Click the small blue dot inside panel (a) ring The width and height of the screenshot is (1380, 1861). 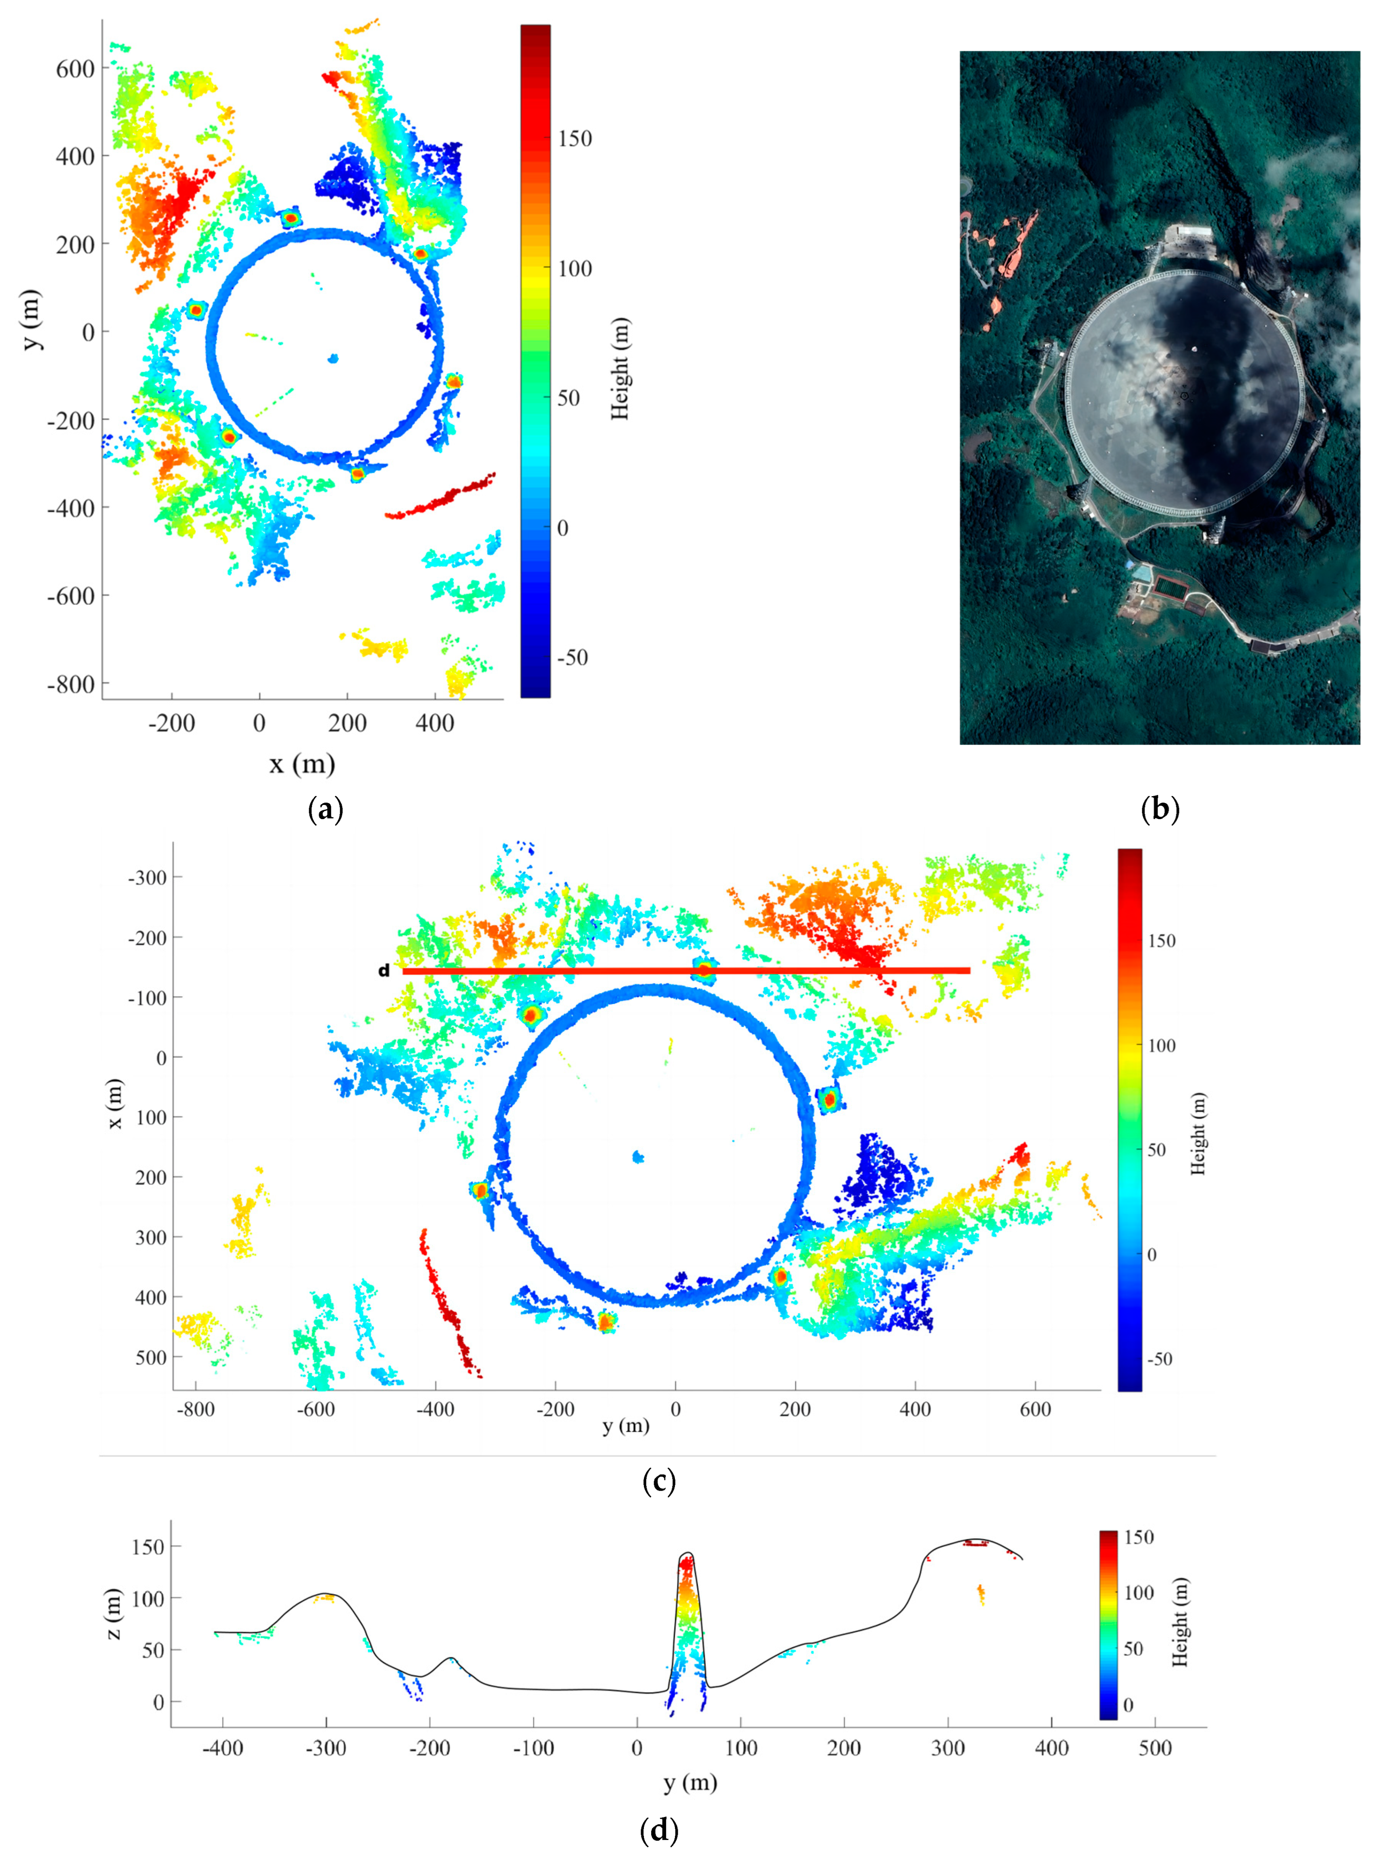(x=333, y=358)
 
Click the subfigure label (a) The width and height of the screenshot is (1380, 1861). (x=325, y=809)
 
